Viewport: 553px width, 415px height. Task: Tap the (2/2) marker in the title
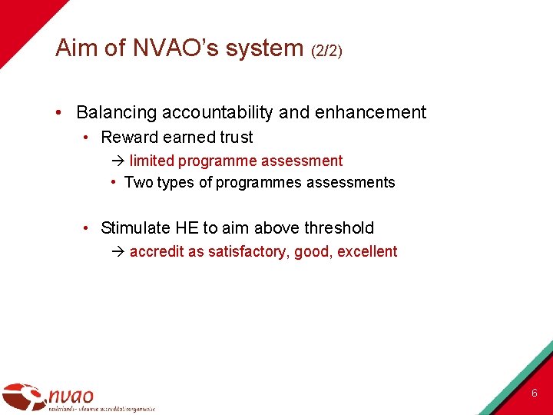click(326, 51)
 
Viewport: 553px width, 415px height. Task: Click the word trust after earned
click(235, 138)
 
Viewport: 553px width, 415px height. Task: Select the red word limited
click(151, 161)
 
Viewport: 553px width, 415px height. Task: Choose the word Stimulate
click(134, 227)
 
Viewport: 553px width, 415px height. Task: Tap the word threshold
click(339, 227)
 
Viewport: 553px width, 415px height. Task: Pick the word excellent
click(367, 251)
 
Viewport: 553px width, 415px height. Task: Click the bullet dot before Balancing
click(60, 113)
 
